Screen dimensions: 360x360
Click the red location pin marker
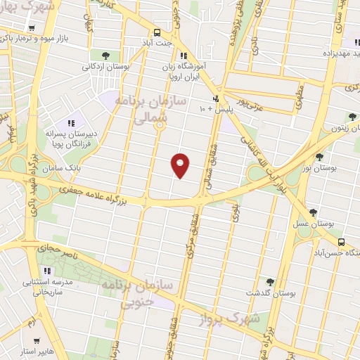click(x=180, y=165)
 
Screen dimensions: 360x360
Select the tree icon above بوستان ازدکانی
click(x=105, y=54)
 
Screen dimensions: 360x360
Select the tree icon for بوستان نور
click(x=320, y=157)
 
